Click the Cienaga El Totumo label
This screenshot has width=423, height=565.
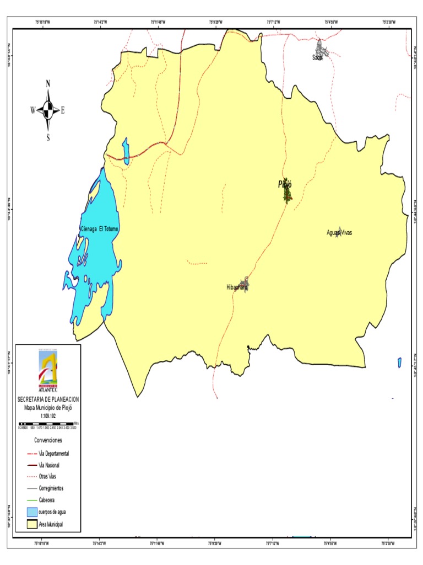click(100, 228)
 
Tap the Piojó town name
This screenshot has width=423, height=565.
click(285, 185)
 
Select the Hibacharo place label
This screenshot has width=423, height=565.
click(237, 287)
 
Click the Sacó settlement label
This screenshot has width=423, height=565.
click(317, 57)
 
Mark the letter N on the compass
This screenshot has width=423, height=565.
click(48, 84)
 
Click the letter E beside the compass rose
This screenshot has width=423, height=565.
click(63, 110)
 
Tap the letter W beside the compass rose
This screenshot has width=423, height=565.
click(33, 110)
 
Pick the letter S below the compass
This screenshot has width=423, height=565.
click(48, 138)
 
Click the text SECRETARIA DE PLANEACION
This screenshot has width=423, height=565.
click(48, 399)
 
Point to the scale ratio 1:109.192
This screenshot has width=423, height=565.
click(48, 415)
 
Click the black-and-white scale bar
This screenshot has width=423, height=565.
click(47, 423)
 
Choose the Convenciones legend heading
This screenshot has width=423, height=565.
click(48, 440)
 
